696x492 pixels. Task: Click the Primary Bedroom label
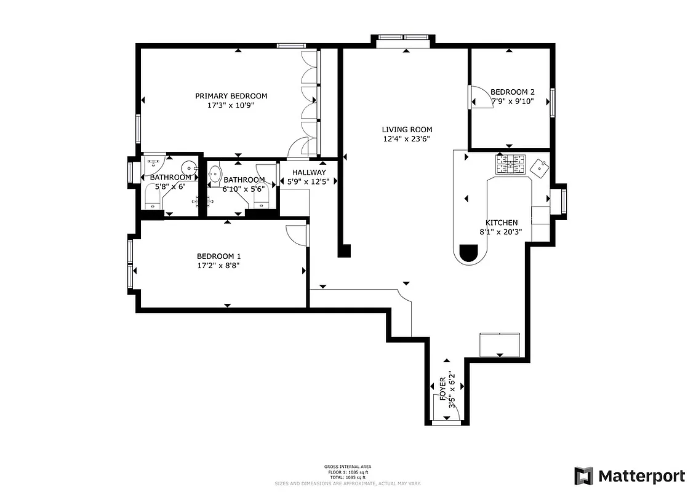[231, 96]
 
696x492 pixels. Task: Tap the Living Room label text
[407, 130]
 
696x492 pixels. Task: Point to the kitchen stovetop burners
[510, 164]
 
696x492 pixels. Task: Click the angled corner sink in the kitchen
[540, 167]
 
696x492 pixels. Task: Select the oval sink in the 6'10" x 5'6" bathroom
[215, 175]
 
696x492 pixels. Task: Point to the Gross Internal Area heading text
[348, 467]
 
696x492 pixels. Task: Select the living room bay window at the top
[403, 38]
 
